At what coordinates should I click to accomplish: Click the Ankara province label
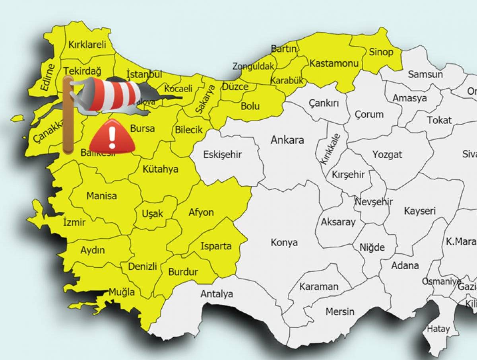point(287,140)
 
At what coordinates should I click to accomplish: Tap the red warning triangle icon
point(112,136)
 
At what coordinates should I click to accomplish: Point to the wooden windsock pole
point(67,115)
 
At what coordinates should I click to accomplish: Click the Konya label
point(284,242)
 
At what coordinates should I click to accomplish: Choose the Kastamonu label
point(334,63)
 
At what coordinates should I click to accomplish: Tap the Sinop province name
point(381,52)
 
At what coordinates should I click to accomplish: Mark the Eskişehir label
point(222,155)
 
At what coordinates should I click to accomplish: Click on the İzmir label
point(74,222)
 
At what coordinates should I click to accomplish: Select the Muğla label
point(122,292)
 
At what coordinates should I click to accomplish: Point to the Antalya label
point(217,294)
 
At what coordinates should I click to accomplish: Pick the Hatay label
point(438,329)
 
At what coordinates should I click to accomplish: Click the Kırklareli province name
point(87,45)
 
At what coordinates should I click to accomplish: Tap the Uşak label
point(153,214)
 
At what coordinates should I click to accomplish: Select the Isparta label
point(216,246)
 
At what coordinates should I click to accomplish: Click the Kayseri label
point(420,211)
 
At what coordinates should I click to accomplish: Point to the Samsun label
point(425,74)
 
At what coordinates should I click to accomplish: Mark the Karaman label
point(319,286)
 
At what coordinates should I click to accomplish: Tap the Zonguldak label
point(254,66)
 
